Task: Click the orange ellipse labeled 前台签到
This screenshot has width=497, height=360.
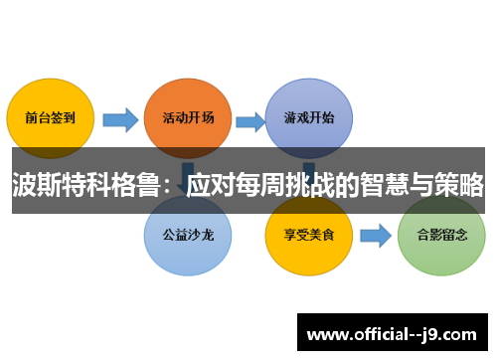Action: pos(51,117)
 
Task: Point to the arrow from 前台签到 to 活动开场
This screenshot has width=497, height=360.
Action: pos(120,120)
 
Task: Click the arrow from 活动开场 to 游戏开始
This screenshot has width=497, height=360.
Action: pos(249,120)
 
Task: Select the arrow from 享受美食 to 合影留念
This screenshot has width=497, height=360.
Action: pos(375,236)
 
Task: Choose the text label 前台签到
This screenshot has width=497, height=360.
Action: pos(51,116)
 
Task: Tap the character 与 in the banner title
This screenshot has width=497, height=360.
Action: pos(419,183)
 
